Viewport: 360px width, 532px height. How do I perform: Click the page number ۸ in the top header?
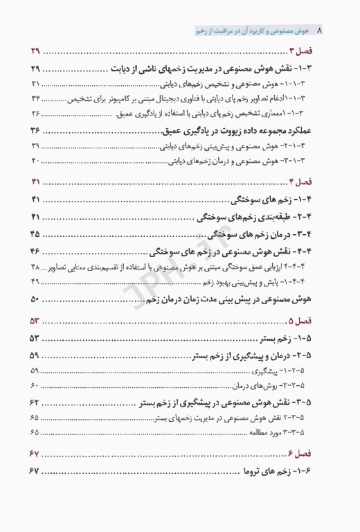(x=319, y=31)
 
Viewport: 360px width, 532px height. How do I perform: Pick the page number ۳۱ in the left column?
(x=36, y=84)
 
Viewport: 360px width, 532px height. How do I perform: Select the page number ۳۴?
(x=36, y=98)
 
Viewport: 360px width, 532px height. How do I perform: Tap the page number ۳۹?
(x=36, y=146)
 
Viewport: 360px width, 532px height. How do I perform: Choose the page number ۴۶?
(x=35, y=250)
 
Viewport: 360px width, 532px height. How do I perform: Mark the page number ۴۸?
(x=36, y=267)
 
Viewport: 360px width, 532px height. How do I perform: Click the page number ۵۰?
(x=35, y=299)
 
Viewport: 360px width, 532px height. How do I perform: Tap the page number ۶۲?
(x=35, y=402)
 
